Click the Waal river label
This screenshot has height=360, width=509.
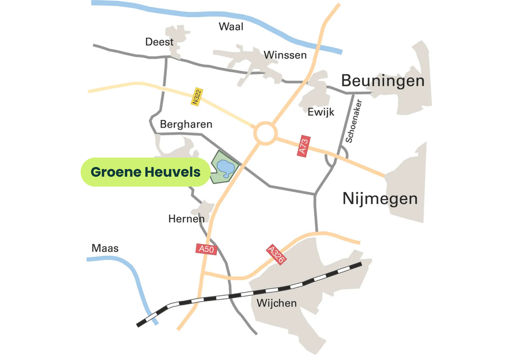coord(231,27)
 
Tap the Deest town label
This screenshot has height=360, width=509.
coord(159,42)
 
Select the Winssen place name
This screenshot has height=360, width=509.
coord(285,55)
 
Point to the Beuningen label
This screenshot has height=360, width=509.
coord(382,81)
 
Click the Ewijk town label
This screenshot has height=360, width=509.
coord(320,112)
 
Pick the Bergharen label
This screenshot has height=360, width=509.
coord(186,125)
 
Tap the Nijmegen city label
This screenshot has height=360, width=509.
coord(380,199)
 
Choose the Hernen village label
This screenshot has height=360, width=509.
coord(186,218)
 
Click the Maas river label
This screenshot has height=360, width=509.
coord(105,248)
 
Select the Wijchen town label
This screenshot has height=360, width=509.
coord(276,303)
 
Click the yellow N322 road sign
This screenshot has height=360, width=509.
coord(197,97)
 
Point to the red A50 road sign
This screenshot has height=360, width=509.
coord(206,249)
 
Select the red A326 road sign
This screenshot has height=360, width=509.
coord(275,255)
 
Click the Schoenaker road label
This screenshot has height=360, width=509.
coord(353,121)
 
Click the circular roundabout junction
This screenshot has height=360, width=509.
coord(265,133)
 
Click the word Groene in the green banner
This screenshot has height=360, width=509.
coord(115,172)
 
